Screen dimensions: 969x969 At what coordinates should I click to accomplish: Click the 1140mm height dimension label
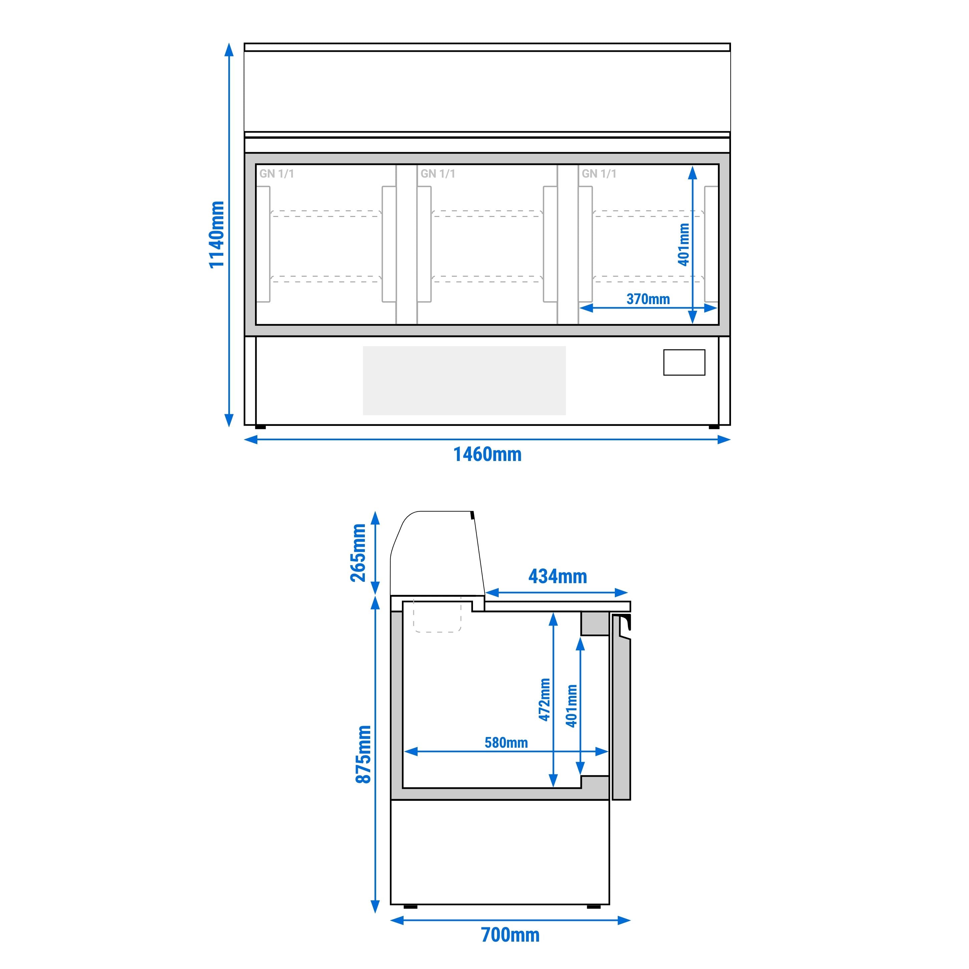point(217,235)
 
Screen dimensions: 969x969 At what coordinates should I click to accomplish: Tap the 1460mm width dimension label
point(488,454)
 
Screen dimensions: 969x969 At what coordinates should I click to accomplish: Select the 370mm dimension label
point(648,299)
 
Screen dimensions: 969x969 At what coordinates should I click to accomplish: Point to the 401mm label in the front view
point(684,244)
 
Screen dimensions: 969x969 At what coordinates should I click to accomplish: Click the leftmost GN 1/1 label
point(276,174)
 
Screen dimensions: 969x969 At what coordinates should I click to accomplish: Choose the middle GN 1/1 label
point(438,174)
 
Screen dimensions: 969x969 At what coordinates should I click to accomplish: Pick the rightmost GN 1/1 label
point(599,174)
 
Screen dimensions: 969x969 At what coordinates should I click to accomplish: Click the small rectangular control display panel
point(684,362)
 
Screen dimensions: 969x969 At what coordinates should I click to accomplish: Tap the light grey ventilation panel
point(464,381)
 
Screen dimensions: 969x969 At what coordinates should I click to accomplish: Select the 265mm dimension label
point(358,553)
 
